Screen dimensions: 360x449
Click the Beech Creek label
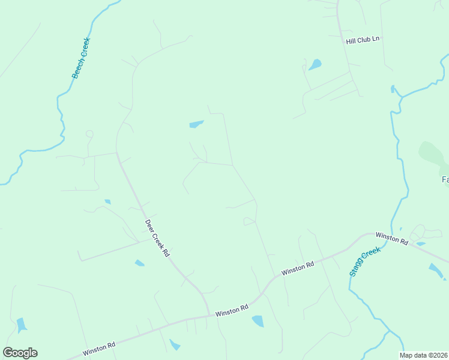pyautogui.click(x=80, y=58)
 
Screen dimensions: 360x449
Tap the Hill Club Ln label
pyautogui.click(x=363, y=40)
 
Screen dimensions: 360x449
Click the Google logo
pyautogui.click(x=20, y=353)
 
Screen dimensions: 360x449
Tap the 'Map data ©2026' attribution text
pyautogui.click(x=424, y=355)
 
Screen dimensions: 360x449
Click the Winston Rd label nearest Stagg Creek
pyautogui.click(x=392, y=238)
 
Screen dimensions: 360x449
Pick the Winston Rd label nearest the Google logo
pyautogui.click(x=99, y=347)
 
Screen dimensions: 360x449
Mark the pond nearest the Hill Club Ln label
pyautogui.click(x=315, y=64)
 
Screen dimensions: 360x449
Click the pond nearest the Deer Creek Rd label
pyautogui.click(x=139, y=263)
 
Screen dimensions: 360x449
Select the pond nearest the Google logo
pyautogui.click(x=22, y=325)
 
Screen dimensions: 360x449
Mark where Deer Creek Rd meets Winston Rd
pyautogui.click(x=209, y=314)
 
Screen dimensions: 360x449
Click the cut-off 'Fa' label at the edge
pyautogui.click(x=445, y=179)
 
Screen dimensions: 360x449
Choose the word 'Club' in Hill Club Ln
pyautogui.click(x=363, y=40)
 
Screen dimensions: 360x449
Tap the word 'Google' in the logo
pyautogui.click(x=20, y=353)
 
